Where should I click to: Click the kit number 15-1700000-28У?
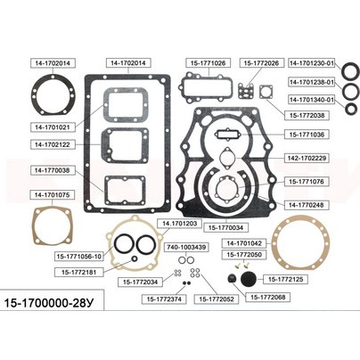tap(49, 303)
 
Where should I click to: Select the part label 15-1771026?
tap(208, 63)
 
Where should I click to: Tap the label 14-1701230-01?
tap(312, 63)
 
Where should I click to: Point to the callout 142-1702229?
tap(307, 158)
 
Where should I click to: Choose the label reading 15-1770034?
tap(225, 227)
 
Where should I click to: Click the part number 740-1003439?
tap(186, 247)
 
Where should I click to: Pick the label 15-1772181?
tap(79, 272)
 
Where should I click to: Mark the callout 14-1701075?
tap(53, 195)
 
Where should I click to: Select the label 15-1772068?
tap(268, 297)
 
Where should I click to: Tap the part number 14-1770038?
tap(53, 170)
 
